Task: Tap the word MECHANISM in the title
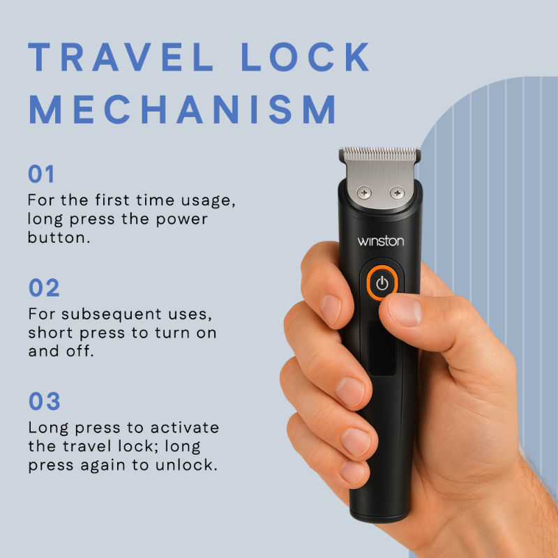coord(183,110)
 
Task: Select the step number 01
coord(41,174)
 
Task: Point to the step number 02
coord(44,287)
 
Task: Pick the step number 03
coord(44,401)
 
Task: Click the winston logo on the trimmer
coord(380,241)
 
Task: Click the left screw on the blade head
coord(363,193)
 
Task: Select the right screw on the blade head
coord(397,193)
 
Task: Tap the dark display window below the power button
coord(382,349)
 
